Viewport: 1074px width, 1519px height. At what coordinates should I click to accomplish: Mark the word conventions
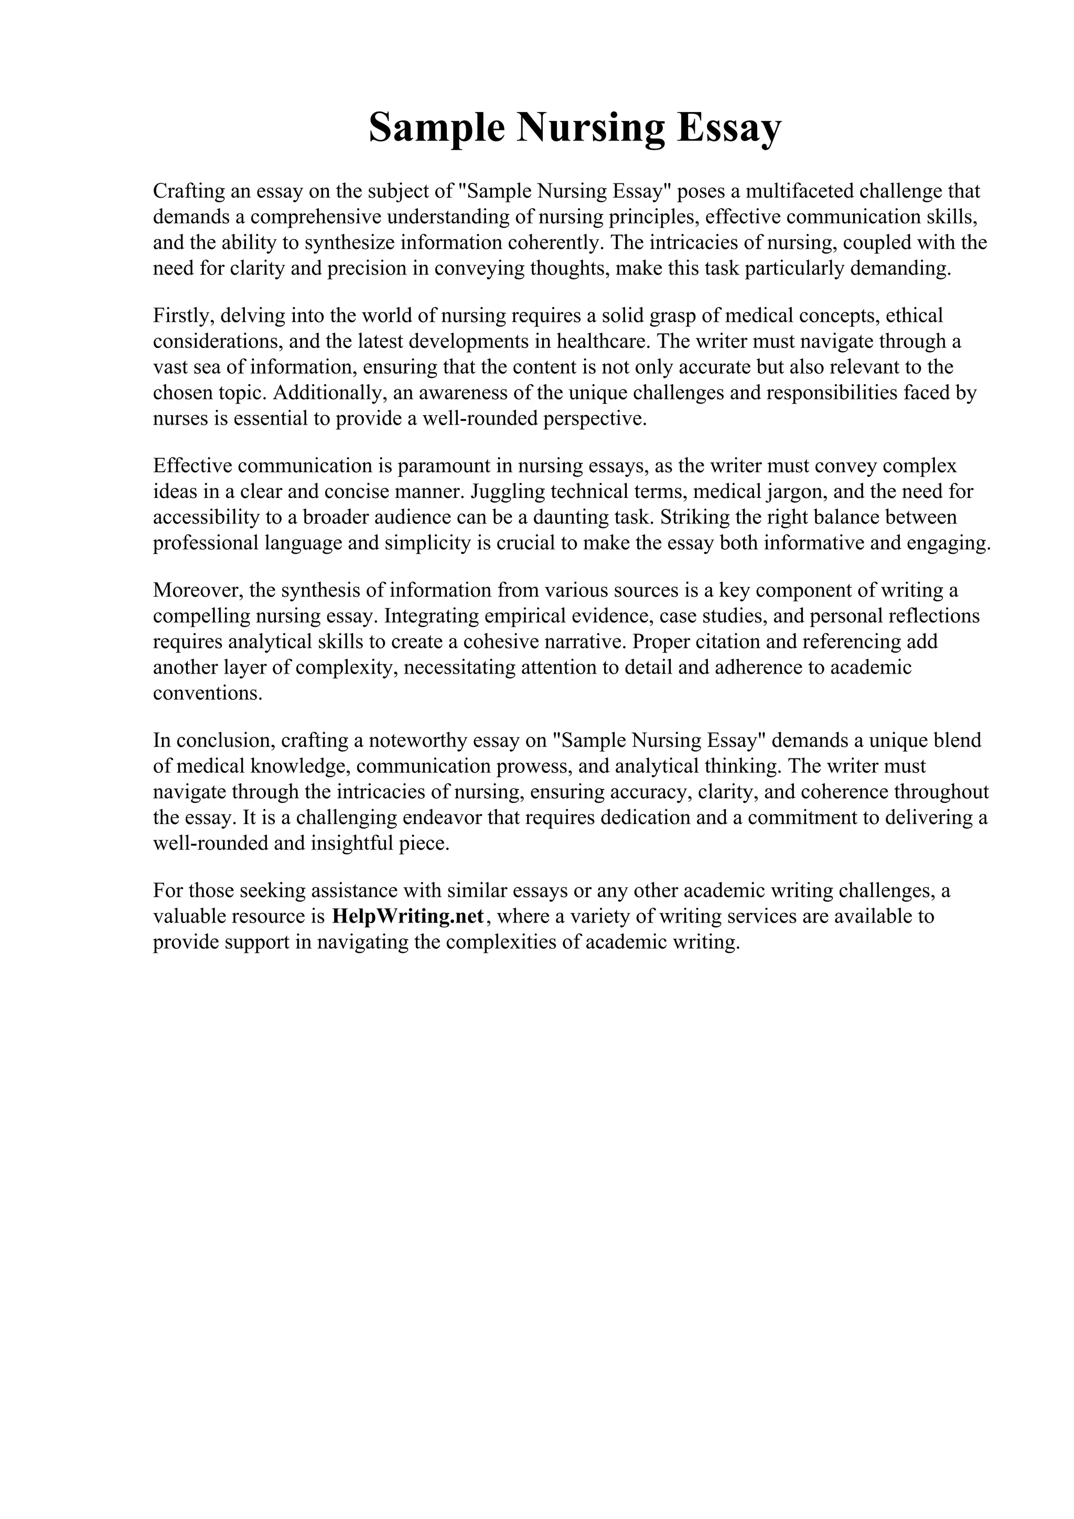[x=208, y=693]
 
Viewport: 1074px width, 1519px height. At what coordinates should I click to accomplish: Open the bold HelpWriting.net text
[x=409, y=916]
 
